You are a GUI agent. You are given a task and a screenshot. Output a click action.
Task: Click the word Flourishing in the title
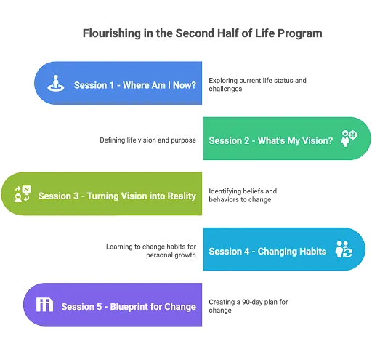click(112, 33)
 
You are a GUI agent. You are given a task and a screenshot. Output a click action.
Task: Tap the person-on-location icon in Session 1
click(56, 83)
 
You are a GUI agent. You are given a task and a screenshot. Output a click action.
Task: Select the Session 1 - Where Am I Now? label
click(135, 85)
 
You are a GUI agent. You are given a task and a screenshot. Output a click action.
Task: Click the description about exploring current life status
click(257, 84)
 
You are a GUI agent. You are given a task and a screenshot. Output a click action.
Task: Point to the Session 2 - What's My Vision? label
click(271, 141)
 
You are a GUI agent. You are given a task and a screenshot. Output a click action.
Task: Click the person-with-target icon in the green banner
click(349, 138)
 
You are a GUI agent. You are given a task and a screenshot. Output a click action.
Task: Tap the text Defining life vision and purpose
click(147, 140)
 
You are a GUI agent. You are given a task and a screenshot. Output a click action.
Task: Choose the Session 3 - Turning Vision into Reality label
click(117, 196)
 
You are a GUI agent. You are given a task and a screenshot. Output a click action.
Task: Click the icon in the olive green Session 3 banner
click(23, 194)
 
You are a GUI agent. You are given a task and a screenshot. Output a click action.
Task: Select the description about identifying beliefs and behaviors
click(243, 196)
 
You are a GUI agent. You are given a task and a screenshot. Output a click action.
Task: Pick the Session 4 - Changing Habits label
click(267, 252)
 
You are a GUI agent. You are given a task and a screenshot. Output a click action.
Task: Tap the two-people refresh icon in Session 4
click(344, 249)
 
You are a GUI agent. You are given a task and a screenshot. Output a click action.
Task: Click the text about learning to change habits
click(151, 251)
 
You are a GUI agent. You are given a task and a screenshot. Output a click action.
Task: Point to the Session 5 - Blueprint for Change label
click(129, 307)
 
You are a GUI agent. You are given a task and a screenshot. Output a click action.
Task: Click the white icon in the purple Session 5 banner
click(44, 305)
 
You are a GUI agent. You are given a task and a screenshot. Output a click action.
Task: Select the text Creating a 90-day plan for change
click(248, 306)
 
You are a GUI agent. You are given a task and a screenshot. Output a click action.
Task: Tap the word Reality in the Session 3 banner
click(182, 196)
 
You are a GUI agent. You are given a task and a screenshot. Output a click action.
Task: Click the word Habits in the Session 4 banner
click(313, 252)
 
